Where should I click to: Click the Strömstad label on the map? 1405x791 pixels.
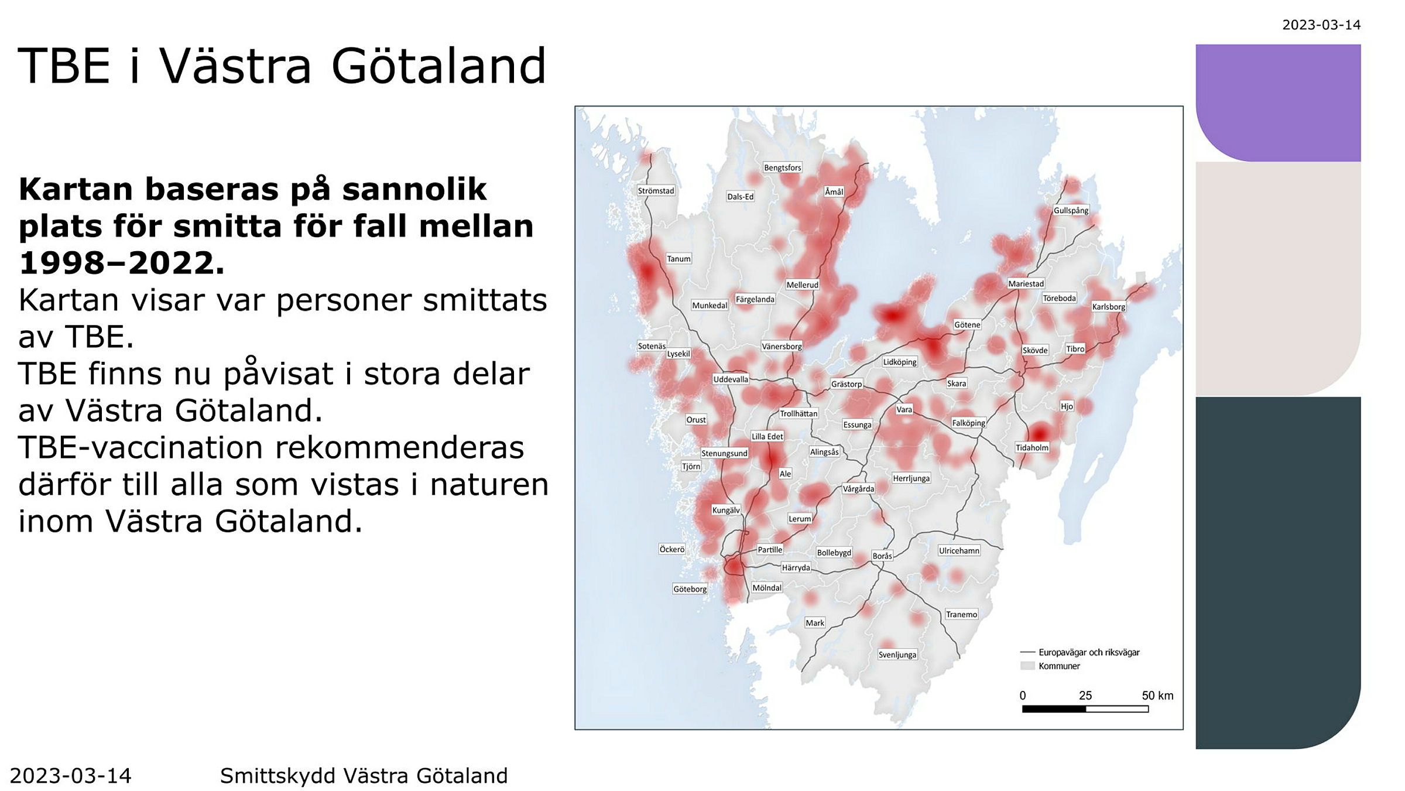656,191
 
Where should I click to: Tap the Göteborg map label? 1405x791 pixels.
690,589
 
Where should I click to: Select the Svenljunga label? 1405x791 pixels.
897,655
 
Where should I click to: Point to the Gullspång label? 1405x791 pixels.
1071,210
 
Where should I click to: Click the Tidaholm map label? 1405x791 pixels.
1032,447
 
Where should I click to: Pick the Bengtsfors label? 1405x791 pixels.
782,167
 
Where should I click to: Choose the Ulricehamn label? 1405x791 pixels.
959,550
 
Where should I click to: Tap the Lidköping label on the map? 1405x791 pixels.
899,362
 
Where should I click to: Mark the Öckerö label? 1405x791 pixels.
671,549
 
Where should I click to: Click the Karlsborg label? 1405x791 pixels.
1108,306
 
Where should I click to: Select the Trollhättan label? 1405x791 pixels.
799,413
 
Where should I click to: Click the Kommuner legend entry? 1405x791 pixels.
1058,666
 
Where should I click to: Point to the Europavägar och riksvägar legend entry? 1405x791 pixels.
1088,652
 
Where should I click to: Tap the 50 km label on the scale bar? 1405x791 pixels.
1157,696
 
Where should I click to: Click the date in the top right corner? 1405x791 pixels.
1321,25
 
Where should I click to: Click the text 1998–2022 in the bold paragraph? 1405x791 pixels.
121,263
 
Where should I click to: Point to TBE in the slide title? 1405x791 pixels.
64,66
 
